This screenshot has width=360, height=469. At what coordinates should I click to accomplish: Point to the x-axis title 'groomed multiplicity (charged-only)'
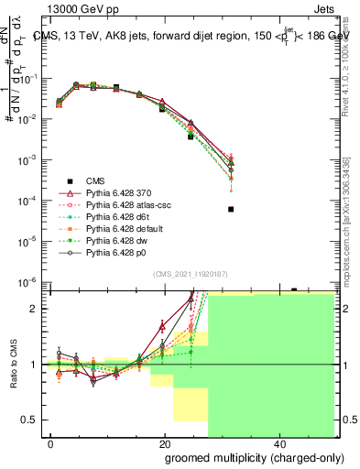241,457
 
